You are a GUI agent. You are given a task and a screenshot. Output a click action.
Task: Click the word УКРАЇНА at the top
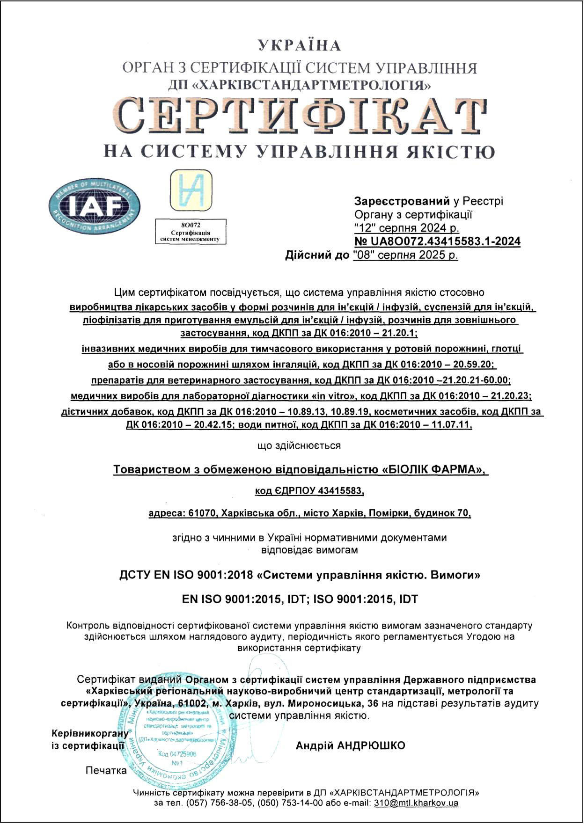tap(300, 46)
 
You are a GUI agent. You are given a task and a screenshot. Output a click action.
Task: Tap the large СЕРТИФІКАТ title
tap(300, 115)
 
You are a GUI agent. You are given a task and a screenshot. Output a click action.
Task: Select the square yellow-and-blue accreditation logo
tap(191, 190)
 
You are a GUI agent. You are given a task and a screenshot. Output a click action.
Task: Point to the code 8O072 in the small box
tap(191, 225)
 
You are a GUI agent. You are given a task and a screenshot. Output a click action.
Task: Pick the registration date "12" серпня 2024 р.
tap(407, 228)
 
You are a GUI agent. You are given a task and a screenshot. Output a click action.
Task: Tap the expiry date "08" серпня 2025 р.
tap(405, 255)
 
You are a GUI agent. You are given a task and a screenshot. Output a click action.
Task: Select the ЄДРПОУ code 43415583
tap(340, 491)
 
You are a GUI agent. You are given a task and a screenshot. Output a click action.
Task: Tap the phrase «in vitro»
tap(331, 396)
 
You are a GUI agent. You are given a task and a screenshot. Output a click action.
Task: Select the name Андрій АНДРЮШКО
tap(350, 745)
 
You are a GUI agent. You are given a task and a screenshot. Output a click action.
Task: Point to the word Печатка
tap(106, 770)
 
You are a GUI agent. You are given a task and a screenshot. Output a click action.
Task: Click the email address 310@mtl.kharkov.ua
tap(416, 803)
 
